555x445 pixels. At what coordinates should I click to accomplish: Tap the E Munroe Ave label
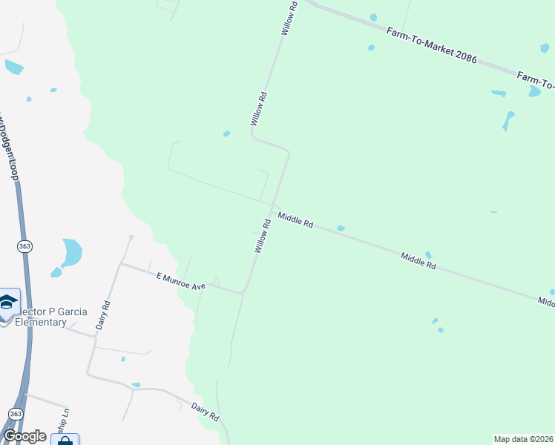click(180, 281)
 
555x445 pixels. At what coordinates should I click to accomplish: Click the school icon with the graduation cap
click(8, 302)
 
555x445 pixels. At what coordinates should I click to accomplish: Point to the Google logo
click(24, 436)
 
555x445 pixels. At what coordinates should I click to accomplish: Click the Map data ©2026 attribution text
click(523, 438)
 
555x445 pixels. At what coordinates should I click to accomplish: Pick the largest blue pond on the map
click(71, 252)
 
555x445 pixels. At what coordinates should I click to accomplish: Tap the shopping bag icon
click(65, 441)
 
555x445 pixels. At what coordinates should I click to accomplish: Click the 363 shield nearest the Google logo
click(16, 413)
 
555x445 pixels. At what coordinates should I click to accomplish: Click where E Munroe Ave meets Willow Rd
click(243, 293)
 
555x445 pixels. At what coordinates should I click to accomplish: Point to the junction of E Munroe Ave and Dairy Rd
click(121, 263)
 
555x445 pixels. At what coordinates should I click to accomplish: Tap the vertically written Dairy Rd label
click(104, 314)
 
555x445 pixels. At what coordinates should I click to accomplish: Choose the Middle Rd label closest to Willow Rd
click(295, 220)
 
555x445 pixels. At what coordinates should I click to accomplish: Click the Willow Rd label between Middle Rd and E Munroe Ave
click(261, 236)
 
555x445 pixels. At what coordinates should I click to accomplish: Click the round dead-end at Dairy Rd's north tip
click(131, 237)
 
